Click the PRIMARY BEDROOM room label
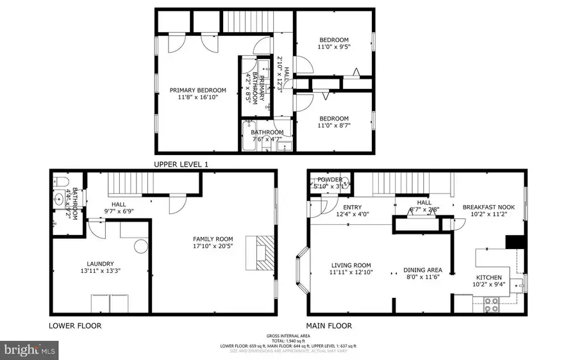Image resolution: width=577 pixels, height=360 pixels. coord(197,90)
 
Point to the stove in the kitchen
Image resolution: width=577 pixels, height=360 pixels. coord(491,304)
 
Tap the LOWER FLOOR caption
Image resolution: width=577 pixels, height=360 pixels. coord(75,325)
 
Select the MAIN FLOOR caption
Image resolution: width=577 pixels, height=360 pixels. coord(329,325)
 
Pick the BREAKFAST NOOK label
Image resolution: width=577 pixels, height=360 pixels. coord(489,207)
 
